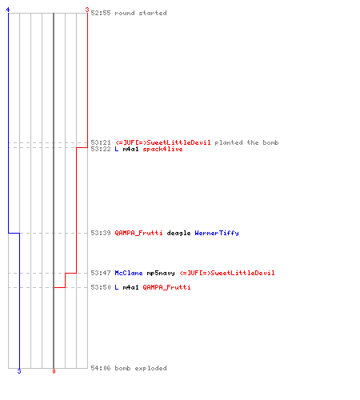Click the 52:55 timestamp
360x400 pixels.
coord(101,13)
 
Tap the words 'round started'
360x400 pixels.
coord(141,13)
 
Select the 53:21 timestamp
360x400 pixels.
coord(101,142)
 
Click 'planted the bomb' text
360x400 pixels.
coord(246,142)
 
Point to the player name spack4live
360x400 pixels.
coord(162,149)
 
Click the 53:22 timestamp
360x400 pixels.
coord(101,149)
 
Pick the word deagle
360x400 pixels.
coord(178,233)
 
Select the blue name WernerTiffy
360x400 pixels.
coord(217,233)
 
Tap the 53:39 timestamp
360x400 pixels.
coord(101,233)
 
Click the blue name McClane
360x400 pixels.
coord(129,273)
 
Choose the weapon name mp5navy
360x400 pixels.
coord(161,274)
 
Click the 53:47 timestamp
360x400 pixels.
coord(101,273)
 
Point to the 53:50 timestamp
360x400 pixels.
coord(101,287)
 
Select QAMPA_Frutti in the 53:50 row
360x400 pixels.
coord(166,287)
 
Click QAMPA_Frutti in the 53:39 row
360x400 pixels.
coord(138,233)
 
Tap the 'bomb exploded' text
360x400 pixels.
coord(141,368)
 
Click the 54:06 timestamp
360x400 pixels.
coord(101,368)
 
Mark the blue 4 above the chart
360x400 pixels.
coord(8,10)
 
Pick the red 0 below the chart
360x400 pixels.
coord(54,371)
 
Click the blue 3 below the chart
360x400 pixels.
coord(19,371)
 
